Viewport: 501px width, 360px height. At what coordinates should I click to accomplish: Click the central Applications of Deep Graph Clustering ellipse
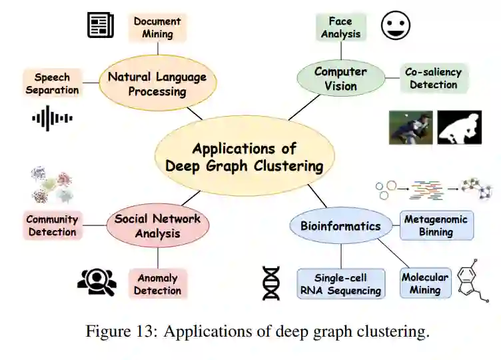pos(245,157)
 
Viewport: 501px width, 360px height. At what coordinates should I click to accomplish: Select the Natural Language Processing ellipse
pos(157,84)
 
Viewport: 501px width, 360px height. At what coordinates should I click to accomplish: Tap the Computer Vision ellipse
pos(340,78)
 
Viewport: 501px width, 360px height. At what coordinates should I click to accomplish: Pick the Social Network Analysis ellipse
pos(158,226)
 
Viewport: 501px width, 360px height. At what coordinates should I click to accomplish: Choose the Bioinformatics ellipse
pos(340,226)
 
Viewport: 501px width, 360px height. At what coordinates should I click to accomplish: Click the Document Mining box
pos(157,27)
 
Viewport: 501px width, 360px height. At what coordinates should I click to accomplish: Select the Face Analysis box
pos(340,27)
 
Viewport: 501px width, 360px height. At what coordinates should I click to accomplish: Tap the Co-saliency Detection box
pos(434,78)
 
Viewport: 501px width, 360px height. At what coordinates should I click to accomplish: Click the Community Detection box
pos(52,225)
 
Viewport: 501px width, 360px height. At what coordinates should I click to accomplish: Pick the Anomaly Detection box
pos(157,284)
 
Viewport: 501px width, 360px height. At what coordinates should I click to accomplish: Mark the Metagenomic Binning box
pos(436,225)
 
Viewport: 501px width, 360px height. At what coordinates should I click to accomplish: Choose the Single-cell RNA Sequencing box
pos(341,283)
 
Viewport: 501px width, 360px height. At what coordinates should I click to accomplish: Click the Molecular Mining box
pos(425,283)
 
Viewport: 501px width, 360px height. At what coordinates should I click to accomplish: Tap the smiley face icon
pos(396,25)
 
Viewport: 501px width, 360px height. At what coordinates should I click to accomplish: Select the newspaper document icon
pos(101,25)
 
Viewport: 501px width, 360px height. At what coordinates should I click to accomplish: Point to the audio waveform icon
pos(52,119)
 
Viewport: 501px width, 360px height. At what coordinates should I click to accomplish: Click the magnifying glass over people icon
pos(97,282)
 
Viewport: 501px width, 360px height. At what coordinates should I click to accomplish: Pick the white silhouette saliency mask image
pos(459,127)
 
